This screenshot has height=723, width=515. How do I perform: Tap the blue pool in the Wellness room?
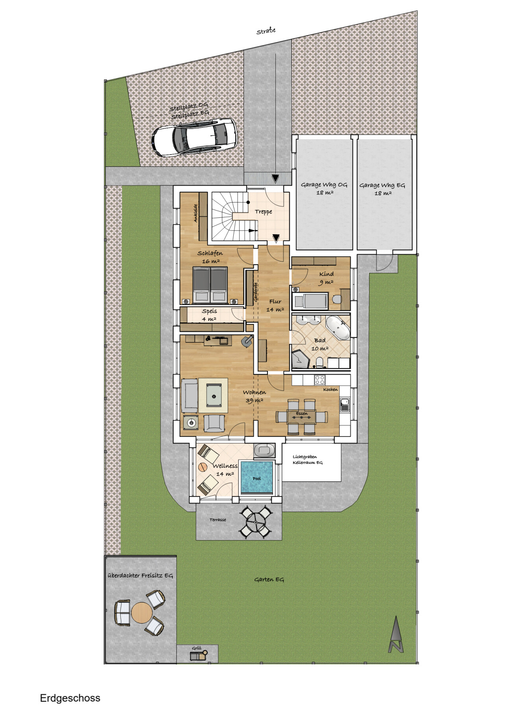[x=257, y=477]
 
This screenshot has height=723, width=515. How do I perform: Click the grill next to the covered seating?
[x=198, y=655]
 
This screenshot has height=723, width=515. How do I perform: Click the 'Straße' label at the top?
[x=266, y=31]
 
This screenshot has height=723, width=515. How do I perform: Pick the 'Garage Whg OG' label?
[x=324, y=185]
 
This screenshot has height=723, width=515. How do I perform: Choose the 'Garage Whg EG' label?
[x=382, y=185]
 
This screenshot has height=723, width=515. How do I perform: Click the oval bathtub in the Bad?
[x=338, y=327]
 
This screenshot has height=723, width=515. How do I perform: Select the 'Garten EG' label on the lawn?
[x=269, y=580]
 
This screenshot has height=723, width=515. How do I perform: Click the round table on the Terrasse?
[x=256, y=522]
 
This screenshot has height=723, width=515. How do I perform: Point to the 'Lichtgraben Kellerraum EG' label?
[x=307, y=460]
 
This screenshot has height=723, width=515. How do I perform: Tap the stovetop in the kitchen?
[x=320, y=380]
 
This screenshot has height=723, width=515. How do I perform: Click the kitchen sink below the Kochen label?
[x=345, y=405]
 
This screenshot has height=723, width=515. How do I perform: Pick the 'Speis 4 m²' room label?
[x=209, y=315]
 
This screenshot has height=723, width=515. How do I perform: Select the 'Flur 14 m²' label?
[x=275, y=305]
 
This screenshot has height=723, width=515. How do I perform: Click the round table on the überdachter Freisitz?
[x=142, y=613]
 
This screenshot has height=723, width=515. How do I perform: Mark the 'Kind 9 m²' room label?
[x=326, y=278]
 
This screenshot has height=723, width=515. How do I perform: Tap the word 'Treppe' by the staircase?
[x=264, y=212]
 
